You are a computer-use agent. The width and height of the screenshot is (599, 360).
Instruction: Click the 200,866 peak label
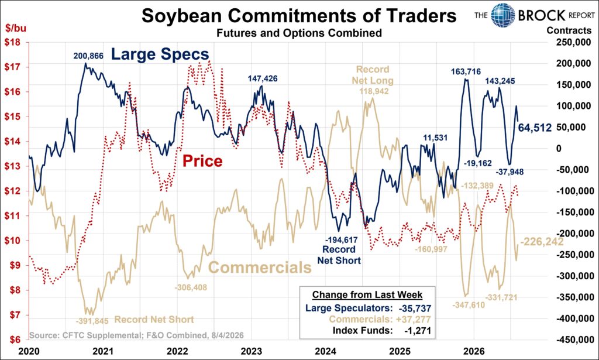[x=88, y=56]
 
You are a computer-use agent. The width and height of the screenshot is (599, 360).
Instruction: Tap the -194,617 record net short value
[x=342, y=240]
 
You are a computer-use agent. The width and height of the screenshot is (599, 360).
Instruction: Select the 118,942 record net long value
[x=374, y=91]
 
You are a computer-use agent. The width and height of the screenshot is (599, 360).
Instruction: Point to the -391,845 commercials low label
[x=92, y=321]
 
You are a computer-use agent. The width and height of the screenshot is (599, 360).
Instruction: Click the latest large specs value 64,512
[x=535, y=127]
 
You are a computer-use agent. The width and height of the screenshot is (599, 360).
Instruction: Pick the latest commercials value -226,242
[x=542, y=242]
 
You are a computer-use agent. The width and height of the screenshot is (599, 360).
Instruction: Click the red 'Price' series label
[x=202, y=161]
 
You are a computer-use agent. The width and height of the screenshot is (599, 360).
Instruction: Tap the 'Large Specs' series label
[x=160, y=54]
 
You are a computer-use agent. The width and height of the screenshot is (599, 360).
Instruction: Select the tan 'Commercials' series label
[x=260, y=267]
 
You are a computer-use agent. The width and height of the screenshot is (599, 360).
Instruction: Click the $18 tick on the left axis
[x=12, y=42]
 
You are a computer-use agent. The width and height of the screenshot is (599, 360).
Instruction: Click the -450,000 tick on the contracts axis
[x=572, y=340]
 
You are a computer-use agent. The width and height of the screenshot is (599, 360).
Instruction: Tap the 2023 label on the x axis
[x=252, y=351]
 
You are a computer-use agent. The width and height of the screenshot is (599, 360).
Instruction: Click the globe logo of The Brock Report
[x=502, y=15]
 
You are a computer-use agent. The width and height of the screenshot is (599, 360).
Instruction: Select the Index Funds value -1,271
[x=418, y=331]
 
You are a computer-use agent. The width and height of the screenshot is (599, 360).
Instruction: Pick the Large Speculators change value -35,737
[x=414, y=308]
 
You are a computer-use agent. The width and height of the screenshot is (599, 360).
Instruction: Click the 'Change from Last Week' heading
[x=367, y=294]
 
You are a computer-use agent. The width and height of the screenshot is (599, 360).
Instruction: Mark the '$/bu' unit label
[x=16, y=28]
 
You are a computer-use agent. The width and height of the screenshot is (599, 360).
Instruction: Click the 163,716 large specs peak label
[x=466, y=71]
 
